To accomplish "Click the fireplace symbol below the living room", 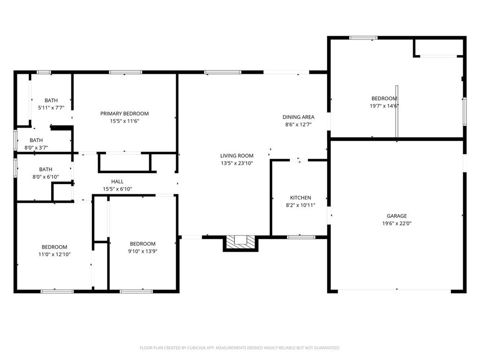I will point(240,242).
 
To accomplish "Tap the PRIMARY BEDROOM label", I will point(124,114).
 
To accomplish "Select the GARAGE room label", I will point(396,216).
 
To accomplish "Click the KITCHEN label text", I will point(300,198).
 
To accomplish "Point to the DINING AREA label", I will point(298,117).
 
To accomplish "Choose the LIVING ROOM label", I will point(237,156).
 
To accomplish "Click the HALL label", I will point(117,181).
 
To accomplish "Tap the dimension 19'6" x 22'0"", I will point(396,224).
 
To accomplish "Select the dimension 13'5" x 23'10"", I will point(237,163).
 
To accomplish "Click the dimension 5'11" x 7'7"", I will point(51,107).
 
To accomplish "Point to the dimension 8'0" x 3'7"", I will point(36,147).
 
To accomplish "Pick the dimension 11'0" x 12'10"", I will point(54,254).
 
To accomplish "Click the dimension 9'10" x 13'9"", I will point(143,251).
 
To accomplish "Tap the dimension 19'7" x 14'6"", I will point(384,106).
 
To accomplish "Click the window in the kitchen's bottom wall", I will point(301,237).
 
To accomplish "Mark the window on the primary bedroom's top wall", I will point(125,72).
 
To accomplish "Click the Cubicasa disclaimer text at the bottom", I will point(240,348).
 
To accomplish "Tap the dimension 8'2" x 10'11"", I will point(300,205).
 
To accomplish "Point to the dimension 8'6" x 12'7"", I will point(298,124).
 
